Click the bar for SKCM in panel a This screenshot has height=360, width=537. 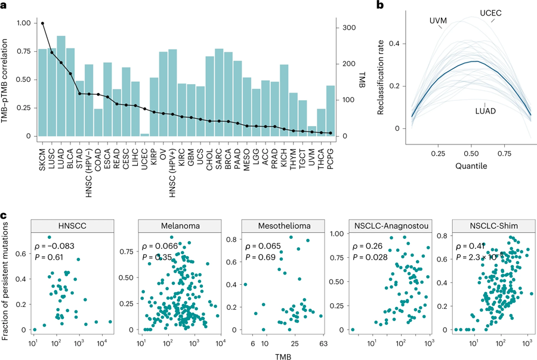[x=42, y=93]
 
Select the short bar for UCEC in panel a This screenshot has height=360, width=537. [x=144, y=134]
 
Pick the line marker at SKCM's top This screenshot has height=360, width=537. [x=42, y=23]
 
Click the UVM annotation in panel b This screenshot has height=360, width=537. [x=438, y=20]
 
